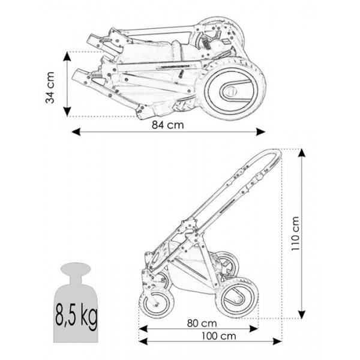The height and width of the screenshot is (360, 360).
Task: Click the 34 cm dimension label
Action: click(x=50, y=88)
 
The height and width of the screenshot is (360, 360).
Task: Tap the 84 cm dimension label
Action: click(x=168, y=125)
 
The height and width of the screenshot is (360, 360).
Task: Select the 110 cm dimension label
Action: click(x=295, y=233)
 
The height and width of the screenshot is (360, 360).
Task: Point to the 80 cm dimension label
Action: click(x=202, y=323)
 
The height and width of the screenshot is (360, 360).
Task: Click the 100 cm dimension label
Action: click(x=219, y=336)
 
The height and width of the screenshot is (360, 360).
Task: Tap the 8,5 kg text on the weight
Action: click(x=76, y=315)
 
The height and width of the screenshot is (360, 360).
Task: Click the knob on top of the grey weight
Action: click(x=76, y=269)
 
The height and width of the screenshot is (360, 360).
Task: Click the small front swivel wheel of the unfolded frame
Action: click(x=157, y=304)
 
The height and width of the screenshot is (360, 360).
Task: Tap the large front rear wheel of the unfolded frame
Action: click(x=238, y=298)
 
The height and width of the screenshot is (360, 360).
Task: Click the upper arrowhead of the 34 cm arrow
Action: click(x=67, y=56)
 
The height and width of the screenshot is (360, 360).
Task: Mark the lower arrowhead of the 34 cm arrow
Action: click(x=67, y=112)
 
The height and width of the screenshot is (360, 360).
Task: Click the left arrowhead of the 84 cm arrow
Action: click(x=76, y=132)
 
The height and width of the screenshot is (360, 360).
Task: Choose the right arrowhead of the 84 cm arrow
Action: click(x=261, y=132)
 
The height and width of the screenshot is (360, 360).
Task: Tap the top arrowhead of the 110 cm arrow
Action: click(x=302, y=153)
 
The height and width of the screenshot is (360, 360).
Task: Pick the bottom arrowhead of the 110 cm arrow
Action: click(x=302, y=314)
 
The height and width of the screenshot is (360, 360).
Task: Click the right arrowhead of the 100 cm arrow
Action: click(x=277, y=341)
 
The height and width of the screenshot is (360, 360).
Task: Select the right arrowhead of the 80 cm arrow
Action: click(x=254, y=329)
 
